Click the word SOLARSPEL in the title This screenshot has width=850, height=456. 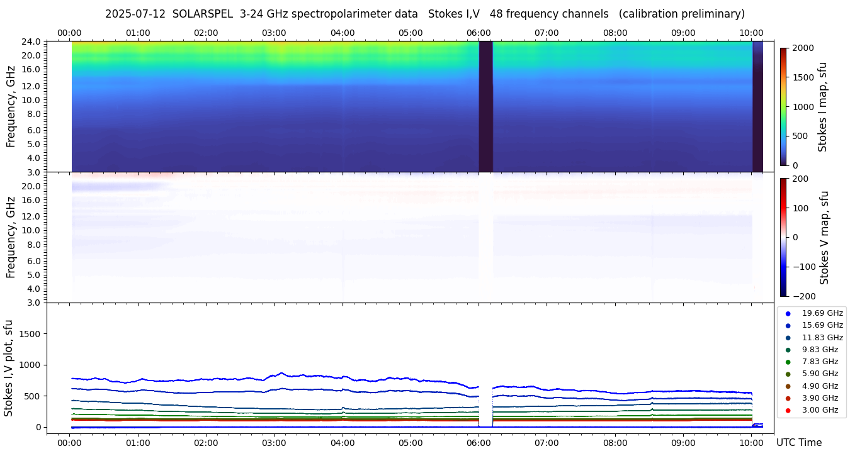click(x=203, y=14)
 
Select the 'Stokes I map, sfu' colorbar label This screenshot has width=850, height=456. click(x=823, y=106)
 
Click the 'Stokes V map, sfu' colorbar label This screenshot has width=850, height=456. click(x=824, y=237)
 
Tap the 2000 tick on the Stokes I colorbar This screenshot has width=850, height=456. click(x=803, y=48)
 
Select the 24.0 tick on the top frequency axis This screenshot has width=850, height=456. click(x=33, y=42)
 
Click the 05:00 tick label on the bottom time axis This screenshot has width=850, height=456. click(x=411, y=443)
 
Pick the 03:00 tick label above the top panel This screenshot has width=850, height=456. click(x=274, y=33)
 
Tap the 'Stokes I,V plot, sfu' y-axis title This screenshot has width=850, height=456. click(x=9, y=367)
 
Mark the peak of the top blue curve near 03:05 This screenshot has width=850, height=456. click(x=281, y=373)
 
